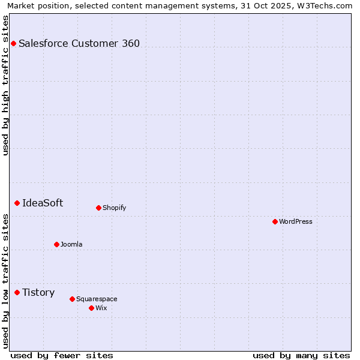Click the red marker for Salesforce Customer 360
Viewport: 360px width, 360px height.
13,43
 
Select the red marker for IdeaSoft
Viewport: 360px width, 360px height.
17,203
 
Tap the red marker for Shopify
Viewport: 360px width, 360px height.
98,208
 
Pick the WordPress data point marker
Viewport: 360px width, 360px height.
275,222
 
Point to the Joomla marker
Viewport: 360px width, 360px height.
56,244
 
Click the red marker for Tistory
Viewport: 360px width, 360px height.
17,293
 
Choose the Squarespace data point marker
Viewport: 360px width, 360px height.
72,299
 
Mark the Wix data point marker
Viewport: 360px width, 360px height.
91,308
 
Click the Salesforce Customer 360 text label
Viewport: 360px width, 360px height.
79,43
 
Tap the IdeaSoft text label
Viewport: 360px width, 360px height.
43,203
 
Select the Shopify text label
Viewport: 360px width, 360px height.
114,208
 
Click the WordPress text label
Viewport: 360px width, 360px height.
296,222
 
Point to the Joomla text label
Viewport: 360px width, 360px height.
71,244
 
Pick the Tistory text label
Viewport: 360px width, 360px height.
38,293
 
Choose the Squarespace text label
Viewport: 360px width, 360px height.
97,299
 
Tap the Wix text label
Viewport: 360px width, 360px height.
101,308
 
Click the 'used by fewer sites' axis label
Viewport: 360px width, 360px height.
62,355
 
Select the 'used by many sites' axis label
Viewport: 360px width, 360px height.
301,355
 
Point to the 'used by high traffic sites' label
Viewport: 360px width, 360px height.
5,85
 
